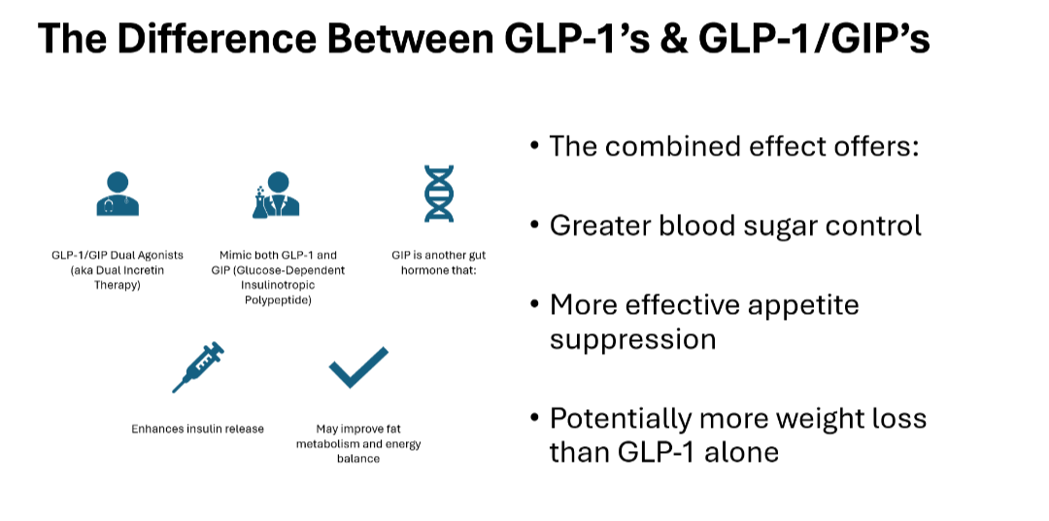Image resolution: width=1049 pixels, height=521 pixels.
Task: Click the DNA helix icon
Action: click(x=439, y=193)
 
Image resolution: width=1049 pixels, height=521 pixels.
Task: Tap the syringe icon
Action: click(x=198, y=367)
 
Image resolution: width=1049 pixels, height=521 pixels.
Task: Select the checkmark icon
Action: click(x=358, y=367)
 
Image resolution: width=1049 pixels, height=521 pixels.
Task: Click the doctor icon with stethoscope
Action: click(x=118, y=193)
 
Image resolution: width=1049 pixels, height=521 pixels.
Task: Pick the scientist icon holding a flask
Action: click(x=275, y=194)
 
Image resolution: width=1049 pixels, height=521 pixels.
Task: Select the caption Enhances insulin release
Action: click(x=198, y=429)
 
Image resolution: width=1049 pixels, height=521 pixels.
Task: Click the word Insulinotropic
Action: click(x=279, y=285)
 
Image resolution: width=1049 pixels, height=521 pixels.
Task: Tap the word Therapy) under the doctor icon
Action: click(x=118, y=286)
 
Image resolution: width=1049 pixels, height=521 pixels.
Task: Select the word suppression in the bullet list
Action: click(x=633, y=340)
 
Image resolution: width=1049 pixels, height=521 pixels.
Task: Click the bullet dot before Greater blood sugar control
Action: click(x=534, y=224)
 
